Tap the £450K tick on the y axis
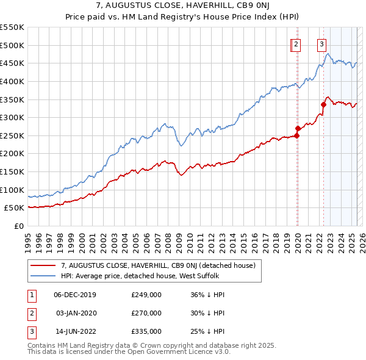point(12,63)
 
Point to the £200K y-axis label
point(12,153)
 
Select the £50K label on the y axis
point(15,207)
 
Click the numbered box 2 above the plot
point(296,43)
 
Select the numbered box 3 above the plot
point(321,43)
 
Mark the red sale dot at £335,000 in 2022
point(323,104)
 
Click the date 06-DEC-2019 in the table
point(75,295)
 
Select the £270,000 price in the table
point(146,313)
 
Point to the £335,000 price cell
point(146,331)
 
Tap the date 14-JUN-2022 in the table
point(75,331)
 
